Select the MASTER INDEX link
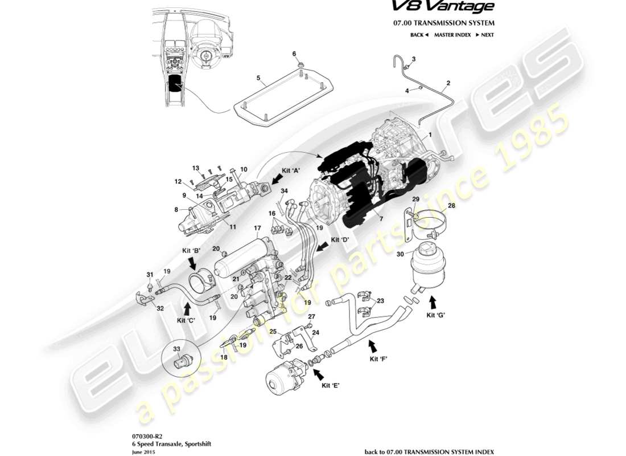tap(452, 35)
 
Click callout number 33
tap(176, 349)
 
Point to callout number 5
tap(258, 78)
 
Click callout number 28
tap(451, 206)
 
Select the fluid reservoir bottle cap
tap(425, 249)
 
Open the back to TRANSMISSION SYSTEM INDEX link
tap(429, 451)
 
